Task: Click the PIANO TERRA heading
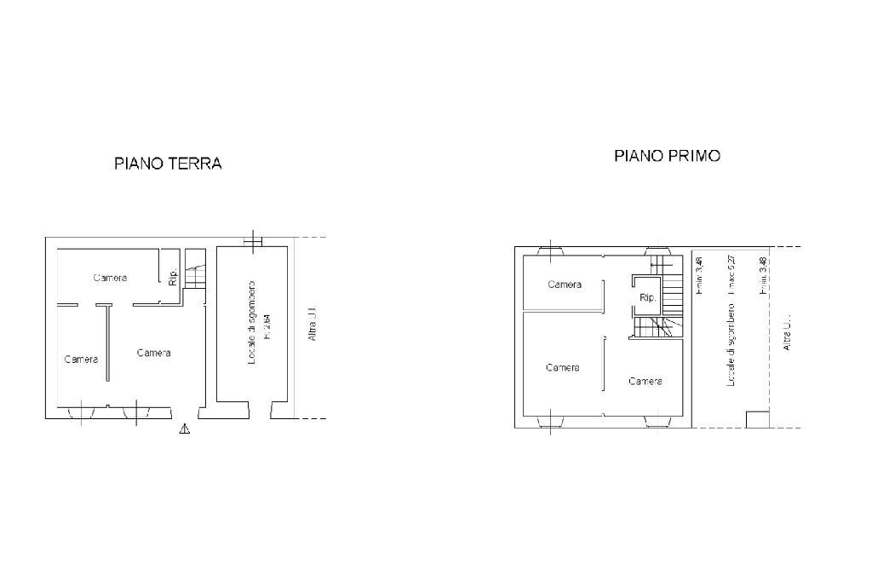tap(168, 164)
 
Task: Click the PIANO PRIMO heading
tap(668, 156)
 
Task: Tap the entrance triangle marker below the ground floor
tap(185, 429)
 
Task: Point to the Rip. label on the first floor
tap(647, 299)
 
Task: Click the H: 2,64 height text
tap(267, 325)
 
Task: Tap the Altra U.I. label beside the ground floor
tap(313, 325)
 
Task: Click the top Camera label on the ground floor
tap(110, 278)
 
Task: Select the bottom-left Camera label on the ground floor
tap(81, 360)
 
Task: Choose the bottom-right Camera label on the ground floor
tap(153, 353)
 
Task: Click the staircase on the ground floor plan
tap(195, 270)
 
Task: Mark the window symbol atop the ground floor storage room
tap(251, 241)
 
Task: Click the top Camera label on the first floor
tap(565, 285)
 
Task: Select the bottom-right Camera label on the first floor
tap(645, 381)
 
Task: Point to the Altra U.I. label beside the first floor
tap(787, 333)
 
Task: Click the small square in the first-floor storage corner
tap(757, 418)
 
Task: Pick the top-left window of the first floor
tap(550, 251)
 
